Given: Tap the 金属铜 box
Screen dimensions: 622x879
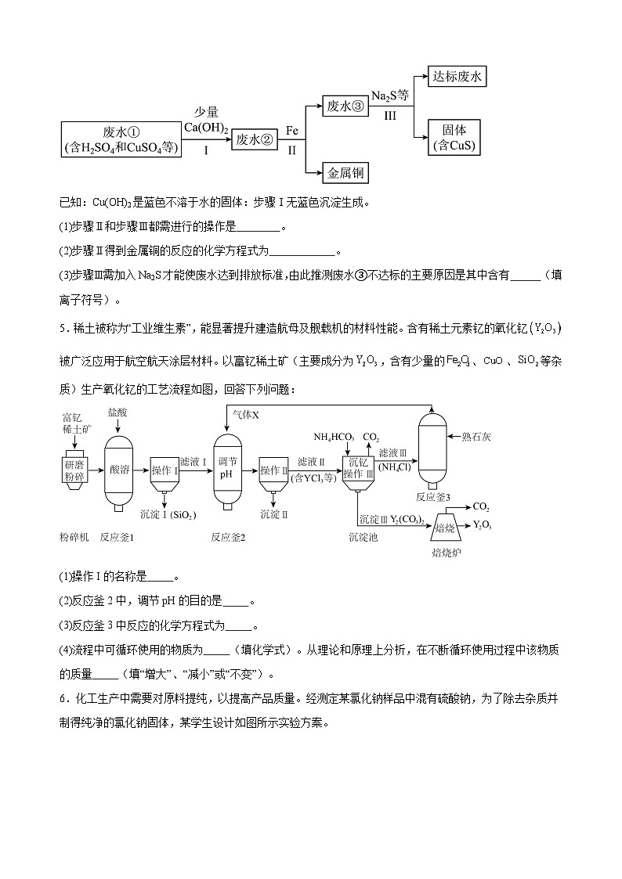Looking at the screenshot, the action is click(345, 172).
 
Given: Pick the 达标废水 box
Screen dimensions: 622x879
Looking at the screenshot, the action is click(458, 77).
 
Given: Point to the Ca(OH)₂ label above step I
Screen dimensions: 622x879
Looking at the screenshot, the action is click(206, 128).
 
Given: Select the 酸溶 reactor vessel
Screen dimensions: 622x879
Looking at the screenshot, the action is click(120, 470).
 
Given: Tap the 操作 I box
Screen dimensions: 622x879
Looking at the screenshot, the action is click(165, 470).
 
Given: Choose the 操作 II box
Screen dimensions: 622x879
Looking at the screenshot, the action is click(274, 470).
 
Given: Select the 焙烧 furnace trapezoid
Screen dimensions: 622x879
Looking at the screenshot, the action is click(445, 528).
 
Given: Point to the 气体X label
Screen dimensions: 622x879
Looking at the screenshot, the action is click(244, 412).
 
